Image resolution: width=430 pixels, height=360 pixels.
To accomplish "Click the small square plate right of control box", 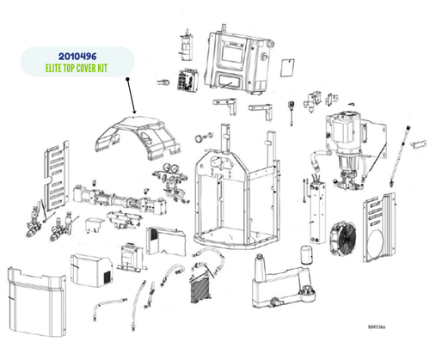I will tap(287, 70).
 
